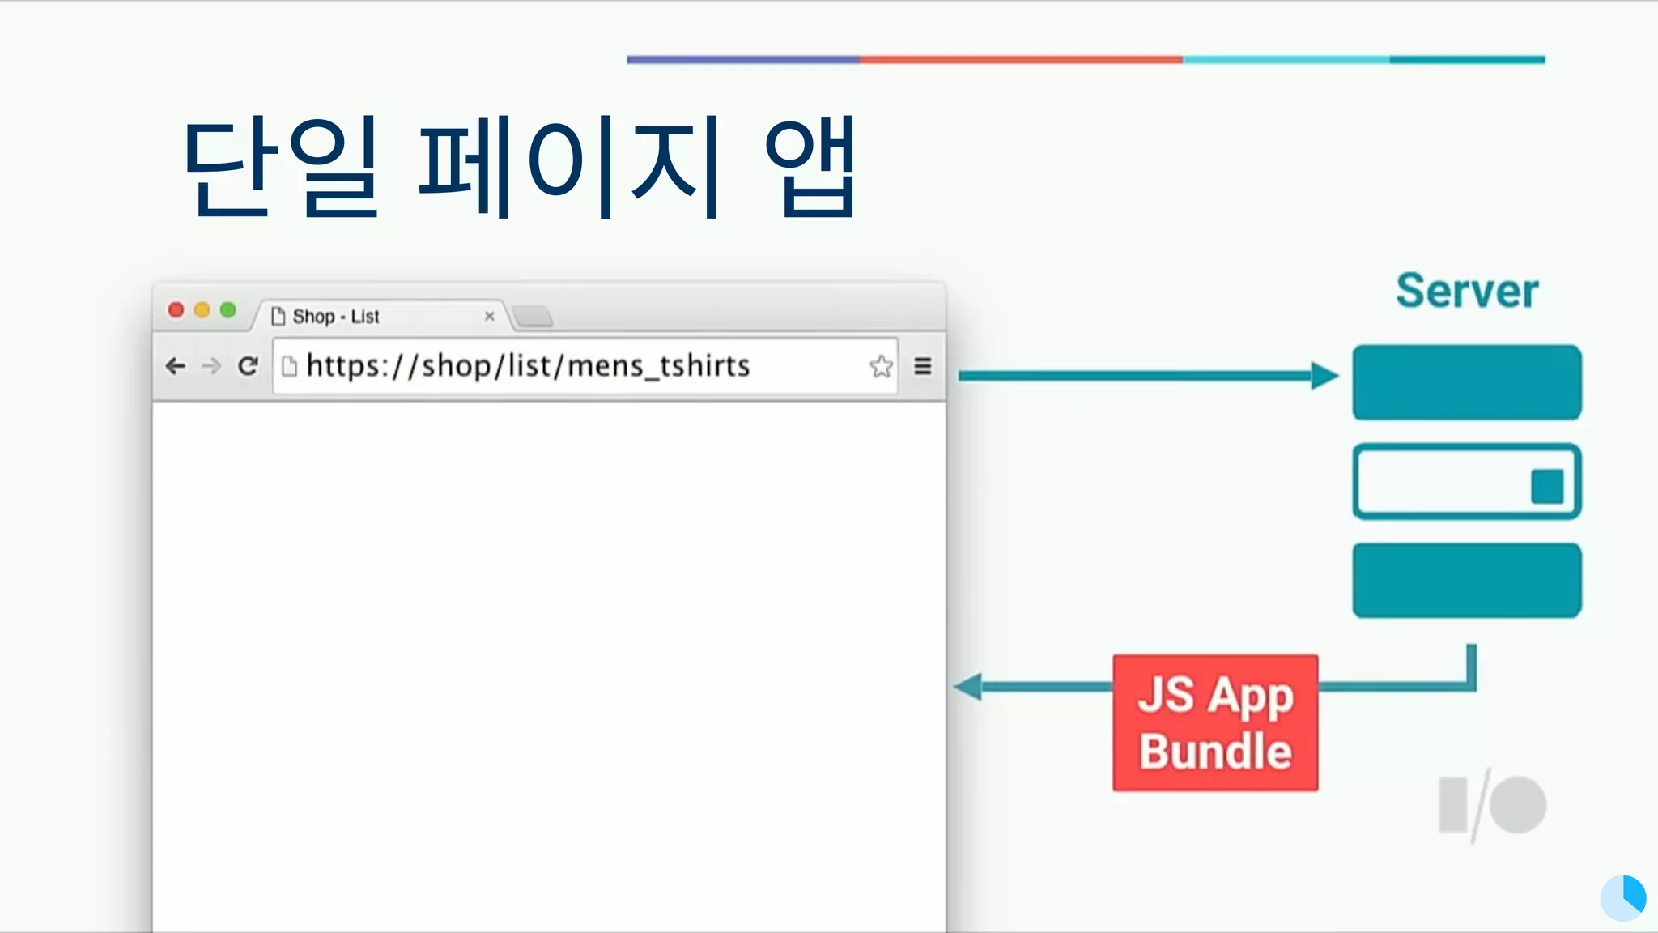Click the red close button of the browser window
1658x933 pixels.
[x=176, y=310]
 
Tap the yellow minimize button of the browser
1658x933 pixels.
[x=202, y=310]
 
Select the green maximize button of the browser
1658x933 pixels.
[x=228, y=310]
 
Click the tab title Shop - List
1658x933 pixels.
[x=335, y=317]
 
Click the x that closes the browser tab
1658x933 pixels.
[x=489, y=317]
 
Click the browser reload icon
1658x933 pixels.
[x=248, y=366]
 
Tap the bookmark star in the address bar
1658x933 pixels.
[x=881, y=367]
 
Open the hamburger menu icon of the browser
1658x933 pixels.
[x=922, y=367]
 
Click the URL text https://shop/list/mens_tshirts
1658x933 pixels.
[x=528, y=366]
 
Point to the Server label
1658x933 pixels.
[x=1466, y=291]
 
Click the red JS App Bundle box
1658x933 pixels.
[x=1215, y=722]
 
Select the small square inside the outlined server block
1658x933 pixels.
[x=1546, y=487]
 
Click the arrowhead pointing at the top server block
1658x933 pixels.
[x=1324, y=376]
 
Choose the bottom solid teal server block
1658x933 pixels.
[x=1466, y=581]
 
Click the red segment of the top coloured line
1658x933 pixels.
[x=1020, y=59]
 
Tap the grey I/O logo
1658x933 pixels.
[x=1492, y=806]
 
